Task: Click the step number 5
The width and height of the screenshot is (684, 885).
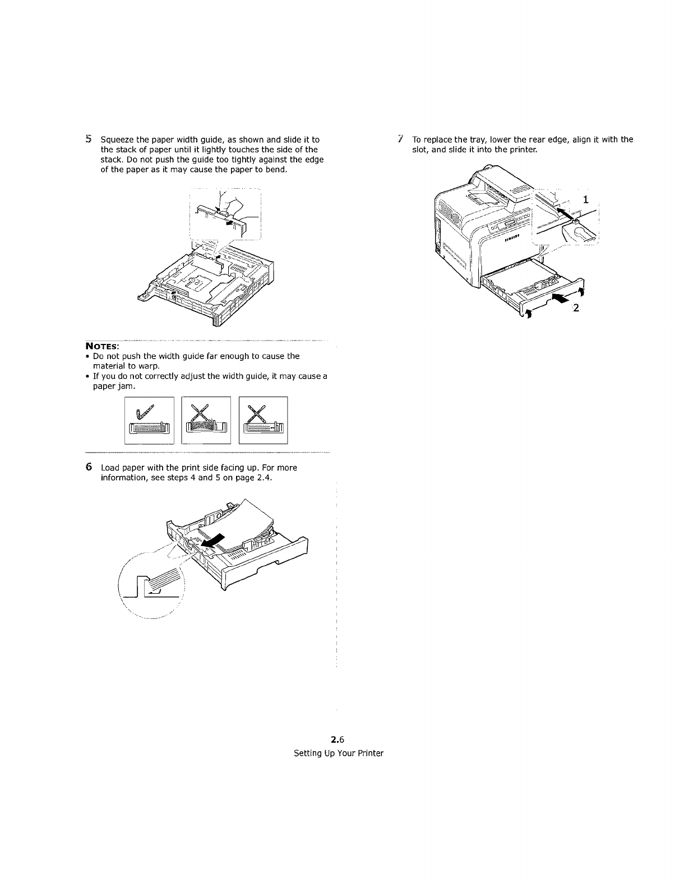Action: point(88,139)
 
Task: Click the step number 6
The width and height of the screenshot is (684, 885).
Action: point(89,467)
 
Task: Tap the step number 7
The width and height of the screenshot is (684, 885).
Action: point(400,139)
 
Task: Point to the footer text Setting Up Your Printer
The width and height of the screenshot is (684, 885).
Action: point(339,753)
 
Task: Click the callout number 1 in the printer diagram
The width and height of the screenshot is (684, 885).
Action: point(586,198)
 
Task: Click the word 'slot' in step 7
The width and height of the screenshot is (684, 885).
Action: point(420,150)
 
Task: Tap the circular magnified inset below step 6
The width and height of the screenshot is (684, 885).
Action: point(154,585)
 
